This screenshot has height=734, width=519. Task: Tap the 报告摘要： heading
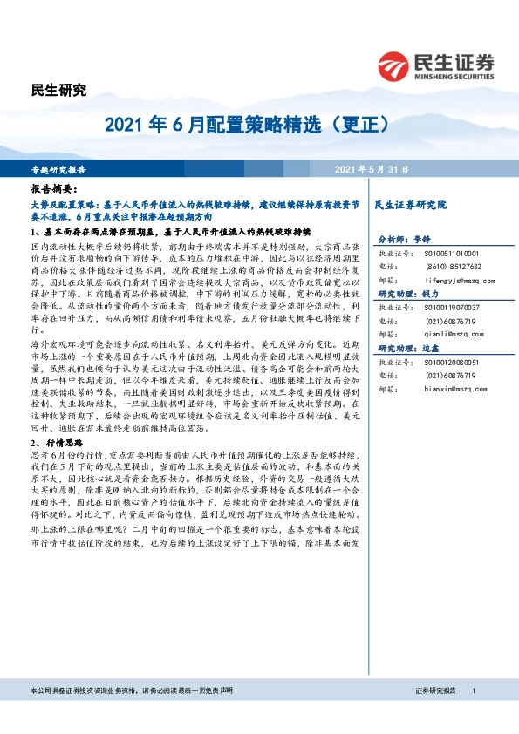coord(54,188)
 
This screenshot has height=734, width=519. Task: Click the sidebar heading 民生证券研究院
coord(409,204)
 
